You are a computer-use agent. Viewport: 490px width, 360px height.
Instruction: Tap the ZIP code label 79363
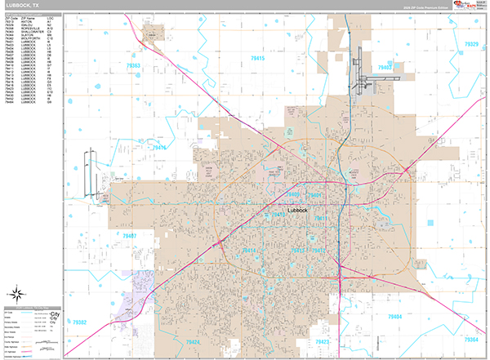coord(134,65)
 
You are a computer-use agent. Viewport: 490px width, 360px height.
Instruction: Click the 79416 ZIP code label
coord(158,148)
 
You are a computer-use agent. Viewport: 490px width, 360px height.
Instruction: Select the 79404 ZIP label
coord(395,314)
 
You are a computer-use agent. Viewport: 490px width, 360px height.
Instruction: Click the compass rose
coord(17,295)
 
